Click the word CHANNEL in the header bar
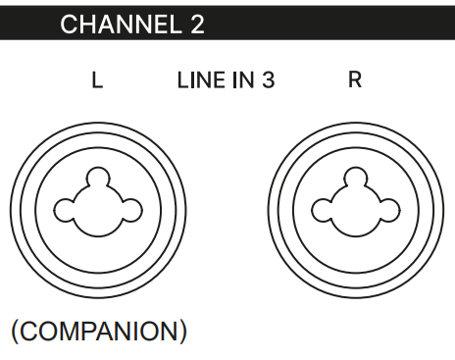click(x=121, y=25)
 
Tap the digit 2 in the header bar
click(x=197, y=25)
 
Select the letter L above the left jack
click(x=97, y=80)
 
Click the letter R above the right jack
click(x=355, y=79)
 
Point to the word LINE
click(x=201, y=80)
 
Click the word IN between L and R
click(x=243, y=80)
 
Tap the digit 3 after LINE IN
click(x=268, y=80)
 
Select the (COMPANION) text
click(x=99, y=332)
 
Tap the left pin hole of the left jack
click(x=64, y=210)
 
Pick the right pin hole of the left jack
click(x=131, y=210)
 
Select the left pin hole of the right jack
click(x=322, y=210)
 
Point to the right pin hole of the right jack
click(x=389, y=210)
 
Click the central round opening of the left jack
click(x=98, y=211)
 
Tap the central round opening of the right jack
click(x=355, y=211)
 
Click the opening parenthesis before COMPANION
click(x=15, y=332)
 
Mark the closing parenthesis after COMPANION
click(x=183, y=332)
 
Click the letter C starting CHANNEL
click(x=69, y=25)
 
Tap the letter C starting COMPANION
click(x=29, y=332)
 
